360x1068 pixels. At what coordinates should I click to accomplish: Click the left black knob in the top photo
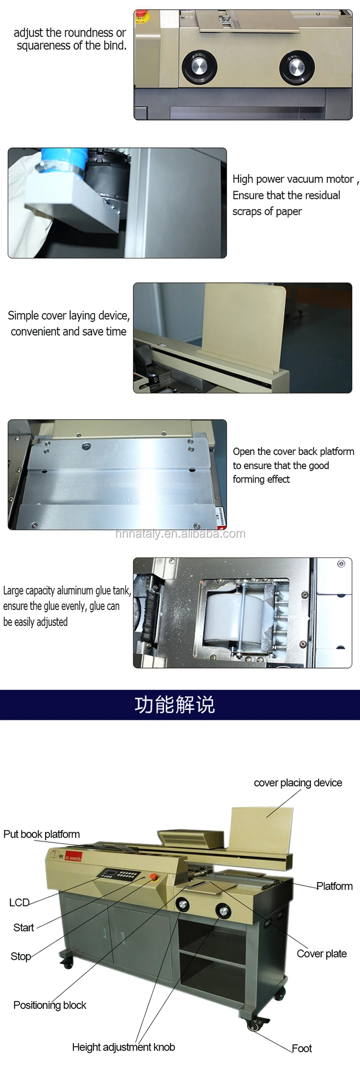click(x=199, y=67)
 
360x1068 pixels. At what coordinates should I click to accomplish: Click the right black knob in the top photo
click(x=297, y=67)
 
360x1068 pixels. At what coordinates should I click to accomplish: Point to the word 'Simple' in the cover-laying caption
click(x=23, y=316)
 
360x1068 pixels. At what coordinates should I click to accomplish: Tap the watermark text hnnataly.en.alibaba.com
click(x=180, y=534)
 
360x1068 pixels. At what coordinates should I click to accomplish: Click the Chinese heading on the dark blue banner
click(x=175, y=705)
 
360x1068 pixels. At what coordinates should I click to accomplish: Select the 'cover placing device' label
click(x=298, y=783)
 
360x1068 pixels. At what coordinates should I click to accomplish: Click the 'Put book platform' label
click(x=42, y=834)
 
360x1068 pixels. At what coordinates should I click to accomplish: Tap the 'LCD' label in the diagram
click(x=19, y=902)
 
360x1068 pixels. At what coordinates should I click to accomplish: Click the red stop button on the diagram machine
click(x=154, y=877)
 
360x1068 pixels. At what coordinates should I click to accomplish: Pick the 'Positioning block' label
click(x=50, y=1005)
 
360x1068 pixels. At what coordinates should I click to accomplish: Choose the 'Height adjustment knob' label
click(x=123, y=1047)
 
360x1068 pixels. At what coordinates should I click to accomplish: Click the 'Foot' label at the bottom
click(x=302, y=1048)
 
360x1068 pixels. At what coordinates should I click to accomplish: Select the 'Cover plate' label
click(x=322, y=954)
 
